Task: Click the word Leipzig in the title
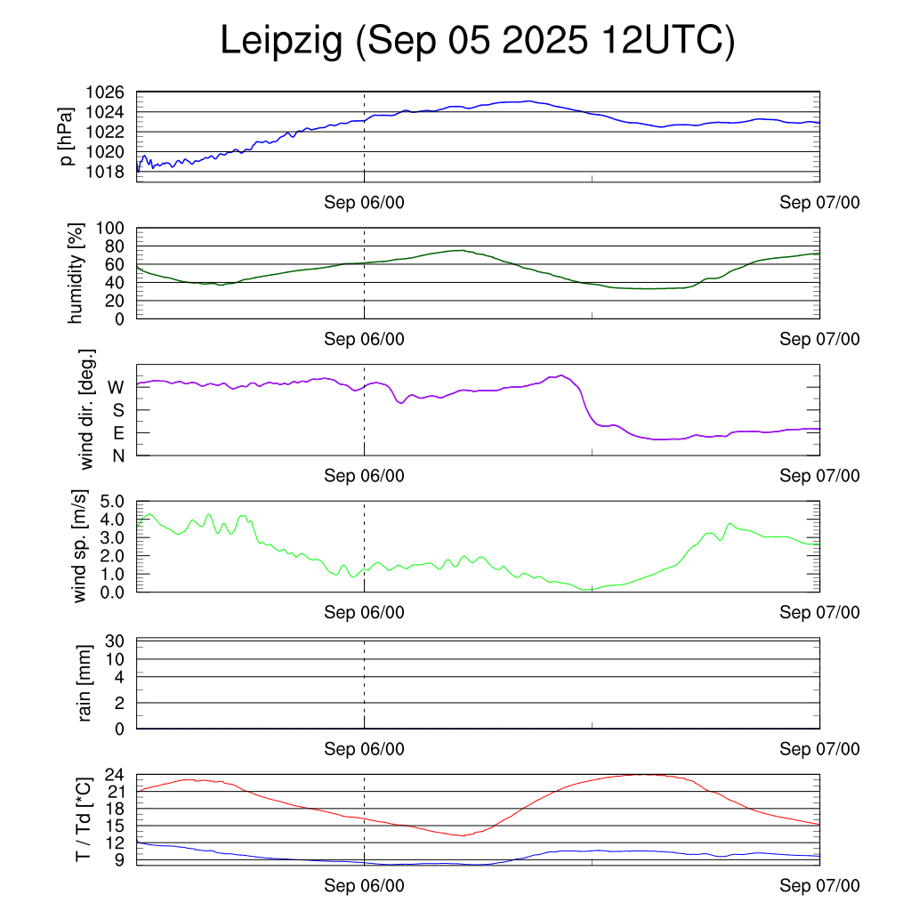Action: click(x=281, y=42)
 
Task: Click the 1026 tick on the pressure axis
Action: click(x=105, y=93)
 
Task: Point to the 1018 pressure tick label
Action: click(x=105, y=171)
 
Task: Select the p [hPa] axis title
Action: click(x=67, y=135)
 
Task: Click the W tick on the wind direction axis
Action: click(x=116, y=387)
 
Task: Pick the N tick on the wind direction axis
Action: click(x=117, y=455)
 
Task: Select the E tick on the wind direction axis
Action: click(x=117, y=433)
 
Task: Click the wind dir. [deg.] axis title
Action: click(x=87, y=409)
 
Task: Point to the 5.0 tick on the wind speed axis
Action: click(x=109, y=502)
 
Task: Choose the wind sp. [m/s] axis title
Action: click(x=82, y=546)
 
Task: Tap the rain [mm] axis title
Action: click(x=85, y=683)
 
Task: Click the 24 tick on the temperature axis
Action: click(x=116, y=775)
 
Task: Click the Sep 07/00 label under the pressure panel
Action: click(x=819, y=203)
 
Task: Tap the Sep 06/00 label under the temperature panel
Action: click(x=364, y=885)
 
